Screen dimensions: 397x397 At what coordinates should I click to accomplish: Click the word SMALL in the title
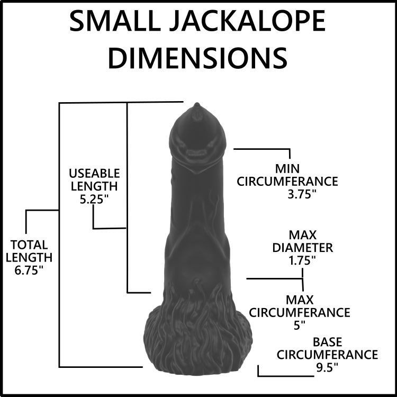pyautogui.click(x=115, y=22)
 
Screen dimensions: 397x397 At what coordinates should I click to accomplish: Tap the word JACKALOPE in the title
pyautogui.click(x=247, y=22)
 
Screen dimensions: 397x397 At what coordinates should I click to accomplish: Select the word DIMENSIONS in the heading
pyautogui.click(x=197, y=58)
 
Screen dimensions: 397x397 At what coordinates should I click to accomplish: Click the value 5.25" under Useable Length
pyautogui.click(x=94, y=199)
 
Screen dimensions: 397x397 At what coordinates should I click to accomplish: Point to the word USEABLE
pyautogui.click(x=94, y=174)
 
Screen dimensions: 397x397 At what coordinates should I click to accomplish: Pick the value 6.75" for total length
pyautogui.click(x=29, y=270)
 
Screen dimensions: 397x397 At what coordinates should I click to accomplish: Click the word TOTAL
pyautogui.click(x=29, y=245)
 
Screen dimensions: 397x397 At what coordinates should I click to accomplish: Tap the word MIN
pyautogui.click(x=287, y=169)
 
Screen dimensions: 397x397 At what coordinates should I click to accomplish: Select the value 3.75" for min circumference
pyautogui.click(x=302, y=194)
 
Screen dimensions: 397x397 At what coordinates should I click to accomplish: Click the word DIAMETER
pyautogui.click(x=303, y=248)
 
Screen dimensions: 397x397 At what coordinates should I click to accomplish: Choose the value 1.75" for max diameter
pyautogui.click(x=303, y=260)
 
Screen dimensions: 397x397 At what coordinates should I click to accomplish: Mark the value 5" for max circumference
pyautogui.click(x=300, y=325)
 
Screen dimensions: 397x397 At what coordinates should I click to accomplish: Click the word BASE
pyautogui.click(x=327, y=342)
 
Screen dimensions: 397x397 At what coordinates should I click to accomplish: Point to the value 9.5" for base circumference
pyautogui.click(x=327, y=367)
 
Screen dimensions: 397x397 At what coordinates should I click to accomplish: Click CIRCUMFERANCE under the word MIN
pyautogui.click(x=287, y=182)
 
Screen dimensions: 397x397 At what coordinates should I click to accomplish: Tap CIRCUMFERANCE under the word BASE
pyautogui.click(x=327, y=355)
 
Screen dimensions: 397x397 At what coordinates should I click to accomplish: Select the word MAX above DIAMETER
pyautogui.click(x=303, y=235)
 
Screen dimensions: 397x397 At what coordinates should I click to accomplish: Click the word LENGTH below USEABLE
pyautogui.click(x=94, y=186)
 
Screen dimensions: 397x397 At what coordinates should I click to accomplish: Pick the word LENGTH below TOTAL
pyautogui.click(x=29, y=257)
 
